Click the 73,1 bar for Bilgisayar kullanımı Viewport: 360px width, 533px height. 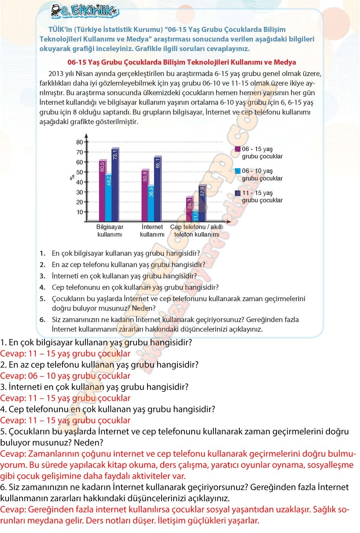115,185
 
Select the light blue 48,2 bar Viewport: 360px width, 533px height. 109,198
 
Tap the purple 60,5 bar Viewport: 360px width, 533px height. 102,190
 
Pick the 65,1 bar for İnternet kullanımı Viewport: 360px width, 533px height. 158,188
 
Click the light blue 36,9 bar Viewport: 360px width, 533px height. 151,204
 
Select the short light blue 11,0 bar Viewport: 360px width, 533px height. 196,215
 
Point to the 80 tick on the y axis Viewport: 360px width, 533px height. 80,142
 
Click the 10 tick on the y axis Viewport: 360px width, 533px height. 80,212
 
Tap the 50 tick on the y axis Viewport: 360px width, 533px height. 80,172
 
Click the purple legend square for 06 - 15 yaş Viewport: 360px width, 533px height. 238,149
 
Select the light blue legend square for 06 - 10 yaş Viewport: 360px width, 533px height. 238,171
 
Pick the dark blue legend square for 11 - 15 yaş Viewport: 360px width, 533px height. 238,193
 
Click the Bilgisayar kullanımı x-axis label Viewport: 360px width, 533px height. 110,231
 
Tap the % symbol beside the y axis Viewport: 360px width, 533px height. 72,177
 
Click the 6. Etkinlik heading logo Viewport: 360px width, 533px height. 85,11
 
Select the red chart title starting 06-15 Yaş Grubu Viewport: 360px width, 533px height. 181,62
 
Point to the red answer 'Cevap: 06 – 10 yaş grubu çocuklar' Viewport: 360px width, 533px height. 65,376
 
